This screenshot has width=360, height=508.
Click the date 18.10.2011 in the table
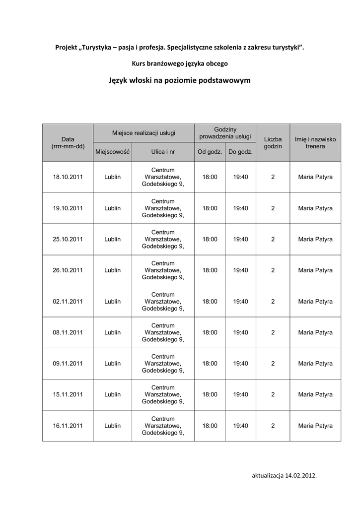coord(68,177)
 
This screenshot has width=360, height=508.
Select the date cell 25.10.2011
coord(68,239)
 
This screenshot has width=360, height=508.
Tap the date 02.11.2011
coord(68,301)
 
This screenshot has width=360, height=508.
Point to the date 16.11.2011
coord(68,425)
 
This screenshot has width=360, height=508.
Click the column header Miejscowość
coord(112,152)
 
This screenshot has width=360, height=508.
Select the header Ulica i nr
coord(163,152)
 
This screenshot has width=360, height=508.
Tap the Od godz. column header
coord(210,152)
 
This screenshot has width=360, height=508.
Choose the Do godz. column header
coord(240,152)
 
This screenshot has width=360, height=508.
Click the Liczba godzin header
coord(273,143)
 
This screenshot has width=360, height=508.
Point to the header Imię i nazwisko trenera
coord(315,143)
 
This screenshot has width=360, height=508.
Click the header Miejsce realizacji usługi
coord(144,133)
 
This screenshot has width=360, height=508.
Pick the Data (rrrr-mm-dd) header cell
coord(68,143)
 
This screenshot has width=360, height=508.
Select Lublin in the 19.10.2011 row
coord(112,208)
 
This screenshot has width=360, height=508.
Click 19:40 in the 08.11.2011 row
coord(240,332)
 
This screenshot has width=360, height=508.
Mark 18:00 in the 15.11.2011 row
coord(210,394)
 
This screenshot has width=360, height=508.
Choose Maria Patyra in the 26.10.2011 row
coord(315,270)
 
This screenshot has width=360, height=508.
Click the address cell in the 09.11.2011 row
coord(163,363)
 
